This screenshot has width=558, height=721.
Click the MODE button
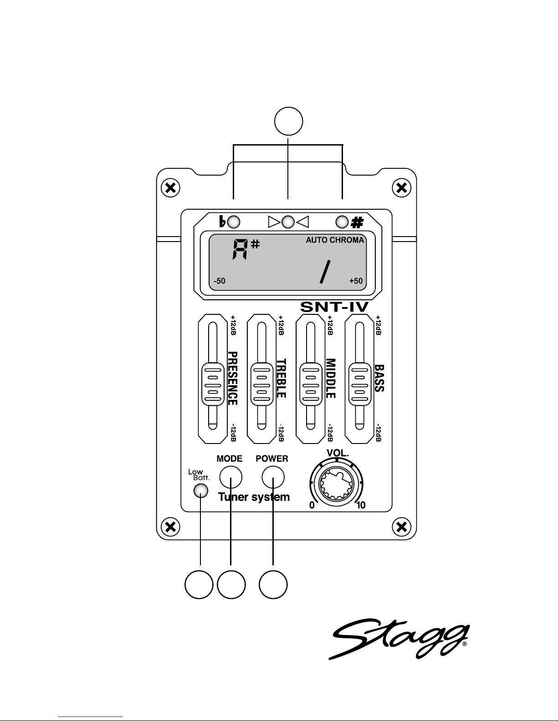[x=230, y=477]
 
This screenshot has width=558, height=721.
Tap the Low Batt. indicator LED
[x=200, y=491]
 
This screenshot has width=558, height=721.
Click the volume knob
[x=336, y=483]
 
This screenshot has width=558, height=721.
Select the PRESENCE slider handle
[x=213, y=384]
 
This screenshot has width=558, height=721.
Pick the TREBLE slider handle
[x=262, y=384]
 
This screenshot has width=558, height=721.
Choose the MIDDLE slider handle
[x=311, y=384]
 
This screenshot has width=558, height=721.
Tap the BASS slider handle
[x=360, y=384]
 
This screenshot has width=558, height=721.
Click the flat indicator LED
[x=234, y=222]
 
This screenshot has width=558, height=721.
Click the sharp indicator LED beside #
[x=342, y=222]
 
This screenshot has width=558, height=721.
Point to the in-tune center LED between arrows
[x=288, y=222]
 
